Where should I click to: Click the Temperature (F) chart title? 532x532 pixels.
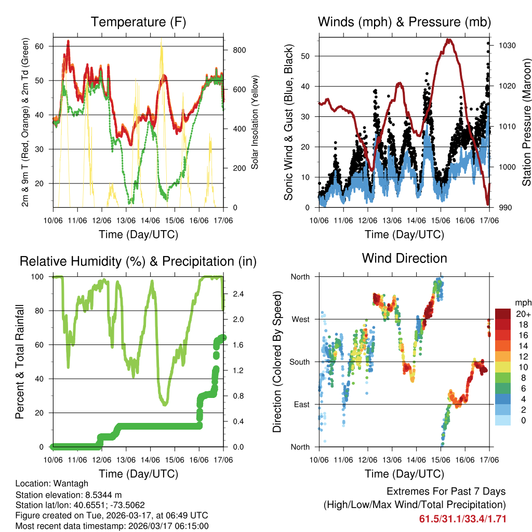point(138,22)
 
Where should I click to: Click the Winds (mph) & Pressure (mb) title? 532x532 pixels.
point(404,22)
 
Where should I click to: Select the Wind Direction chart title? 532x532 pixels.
point(404,258)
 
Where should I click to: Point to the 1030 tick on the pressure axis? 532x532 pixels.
point(507,46)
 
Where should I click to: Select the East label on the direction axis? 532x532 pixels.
point(300,404)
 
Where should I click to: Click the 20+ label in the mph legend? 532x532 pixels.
point(522,314)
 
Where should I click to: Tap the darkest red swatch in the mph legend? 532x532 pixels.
point(503,314)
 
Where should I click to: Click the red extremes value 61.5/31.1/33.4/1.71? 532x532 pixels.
point(462,518)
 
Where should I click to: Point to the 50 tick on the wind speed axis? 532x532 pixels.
point(309,56)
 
